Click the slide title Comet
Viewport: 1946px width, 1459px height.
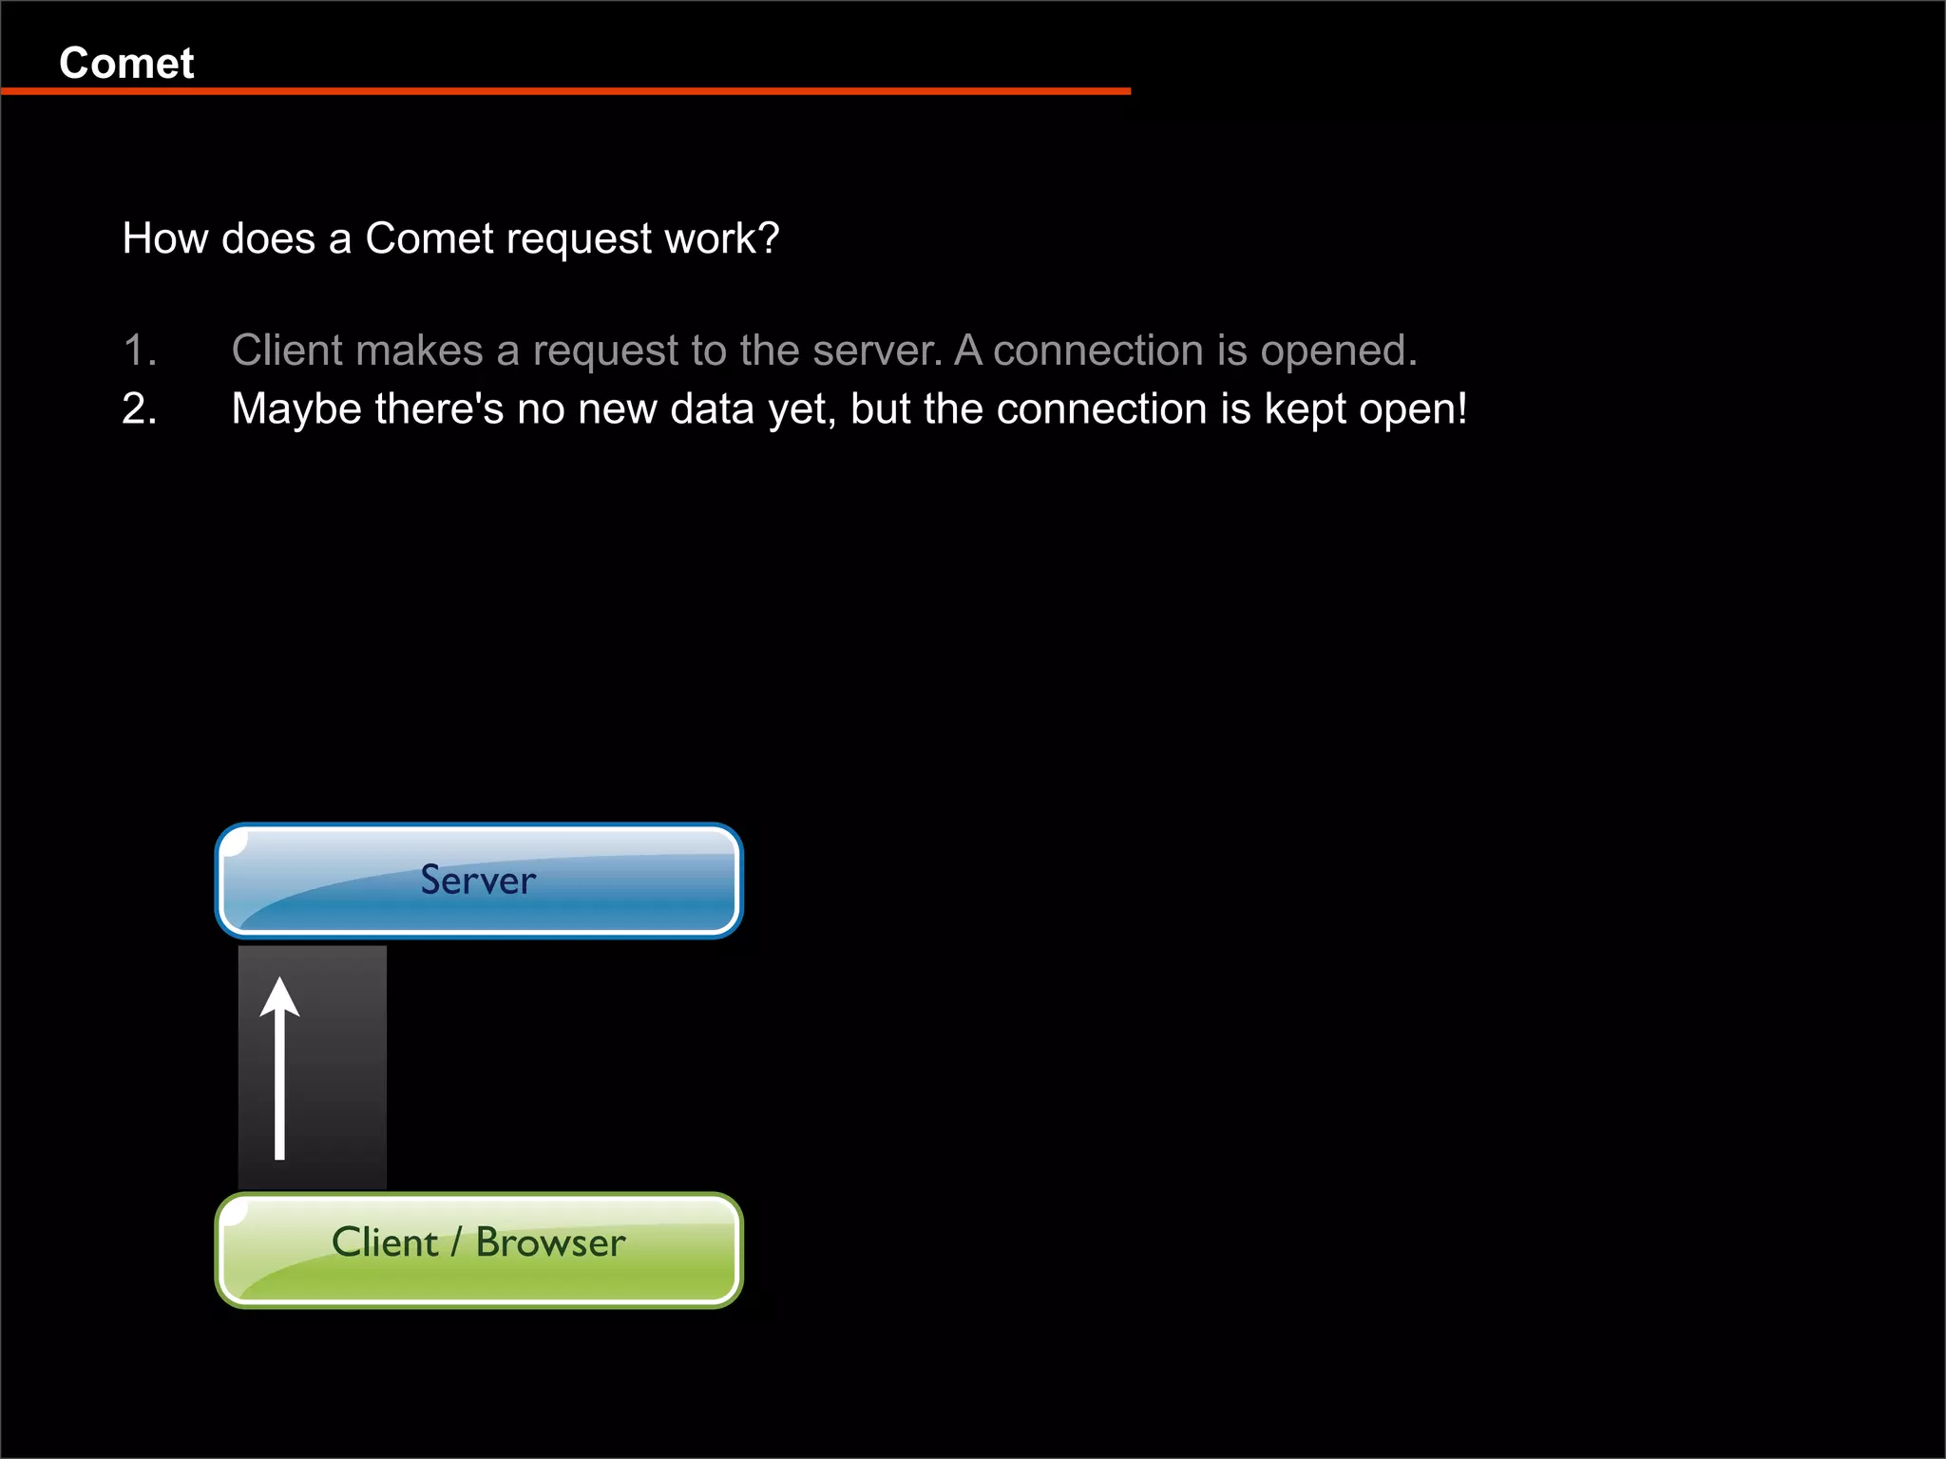click(x=126, y=64)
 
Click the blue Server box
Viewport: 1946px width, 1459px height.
click(x=479, y=881)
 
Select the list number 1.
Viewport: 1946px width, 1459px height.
click(x=139, y=351)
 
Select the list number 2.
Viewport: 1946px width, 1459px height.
click(x=139, y=409)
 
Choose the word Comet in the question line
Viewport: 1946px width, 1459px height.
click(x=429, y=238)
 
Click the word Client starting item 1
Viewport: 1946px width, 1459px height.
click(x=286, y=351)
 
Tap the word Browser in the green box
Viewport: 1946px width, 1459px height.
click(x=550, y=1242)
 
